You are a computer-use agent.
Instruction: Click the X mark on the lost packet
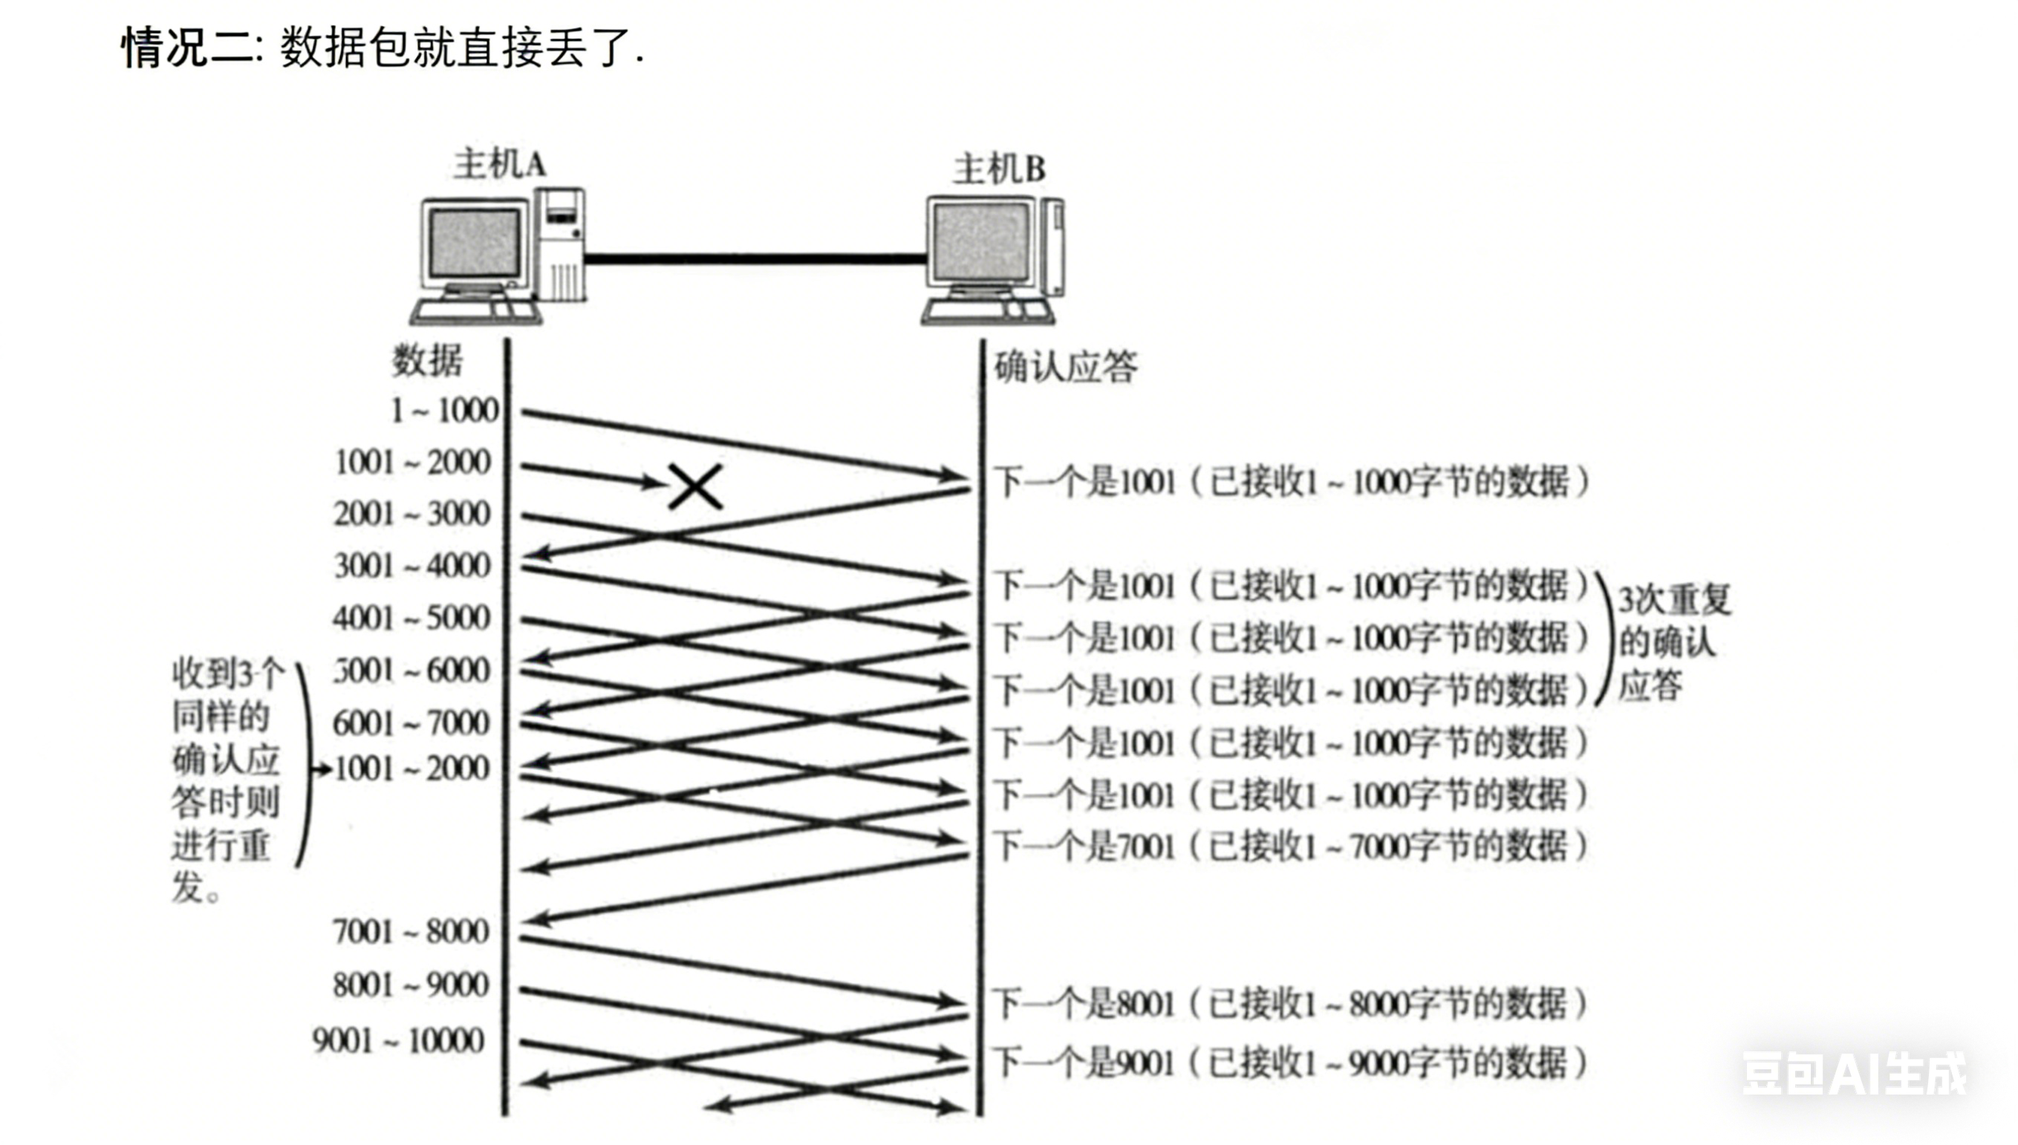pos(695,486)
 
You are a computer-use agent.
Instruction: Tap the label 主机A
pos(499,164)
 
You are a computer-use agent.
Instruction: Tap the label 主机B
pos(999,169)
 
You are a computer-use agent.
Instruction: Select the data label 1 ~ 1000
pos(445,411)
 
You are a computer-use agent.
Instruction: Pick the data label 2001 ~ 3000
pos(412,514)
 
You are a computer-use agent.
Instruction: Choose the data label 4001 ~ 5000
pos(411,618)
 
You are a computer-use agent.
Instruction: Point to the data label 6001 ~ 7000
pos(411,722)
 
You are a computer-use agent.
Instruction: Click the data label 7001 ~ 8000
pos(411,932)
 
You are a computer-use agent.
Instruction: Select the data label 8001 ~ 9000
pos(411,985)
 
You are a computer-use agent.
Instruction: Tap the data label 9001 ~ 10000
pos(399,1040)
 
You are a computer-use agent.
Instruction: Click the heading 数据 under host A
pos(427,361)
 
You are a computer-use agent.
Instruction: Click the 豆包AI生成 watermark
pos(1854,1074)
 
